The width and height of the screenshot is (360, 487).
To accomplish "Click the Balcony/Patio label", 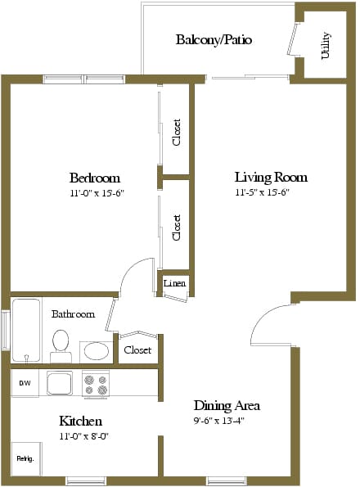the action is [x=214, y=40].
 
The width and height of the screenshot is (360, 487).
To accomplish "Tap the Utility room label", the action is [x=326, y=45].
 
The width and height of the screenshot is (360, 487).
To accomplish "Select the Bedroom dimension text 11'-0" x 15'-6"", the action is [x=97, y=193].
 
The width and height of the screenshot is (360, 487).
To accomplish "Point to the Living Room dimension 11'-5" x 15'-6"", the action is [x=263, y=192].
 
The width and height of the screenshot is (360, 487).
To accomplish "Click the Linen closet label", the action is [x=175, y=283].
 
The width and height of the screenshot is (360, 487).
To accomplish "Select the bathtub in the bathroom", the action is [x=26, y=330].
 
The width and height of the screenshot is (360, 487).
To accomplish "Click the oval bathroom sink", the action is [x=97, y=351].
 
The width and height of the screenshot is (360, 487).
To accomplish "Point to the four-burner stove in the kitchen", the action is [x=96, y=385].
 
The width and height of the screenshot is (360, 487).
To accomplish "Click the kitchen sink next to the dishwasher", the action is [x=60, y=383].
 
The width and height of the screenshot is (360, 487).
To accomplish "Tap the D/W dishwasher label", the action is [x=25, y=383].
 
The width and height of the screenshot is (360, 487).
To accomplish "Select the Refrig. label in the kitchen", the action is [x=25, y=458].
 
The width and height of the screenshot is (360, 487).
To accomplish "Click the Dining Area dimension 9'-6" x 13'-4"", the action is [x=219, y=421].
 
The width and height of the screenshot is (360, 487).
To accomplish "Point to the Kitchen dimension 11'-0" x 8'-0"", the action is [x=83, y=436].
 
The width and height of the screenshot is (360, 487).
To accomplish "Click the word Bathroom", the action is [x=74, y=314].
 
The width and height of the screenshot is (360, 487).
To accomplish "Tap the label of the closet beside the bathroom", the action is [x=137, y=350].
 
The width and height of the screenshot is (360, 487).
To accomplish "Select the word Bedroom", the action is [x=95, y=178].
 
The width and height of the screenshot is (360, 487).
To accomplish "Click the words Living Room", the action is [x=271, y=177].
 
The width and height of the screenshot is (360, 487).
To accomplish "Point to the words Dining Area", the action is [x=227, y=406].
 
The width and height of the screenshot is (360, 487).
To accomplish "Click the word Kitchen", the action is [x=80, y=421].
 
